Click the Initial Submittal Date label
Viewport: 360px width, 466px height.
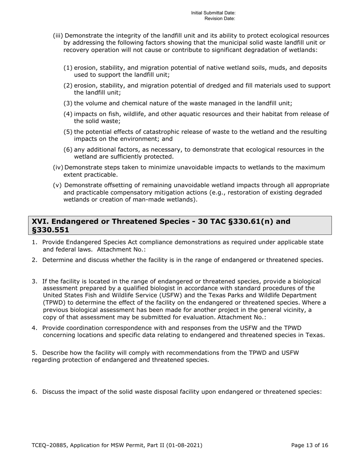click(213, 13)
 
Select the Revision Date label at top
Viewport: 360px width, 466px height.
click(220, 18)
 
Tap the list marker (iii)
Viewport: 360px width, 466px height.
click(58, 36)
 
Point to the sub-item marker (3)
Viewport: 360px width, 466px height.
click(68, 103)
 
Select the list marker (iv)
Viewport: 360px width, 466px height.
click(58, 167)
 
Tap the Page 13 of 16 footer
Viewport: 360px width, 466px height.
click(310, 446)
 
